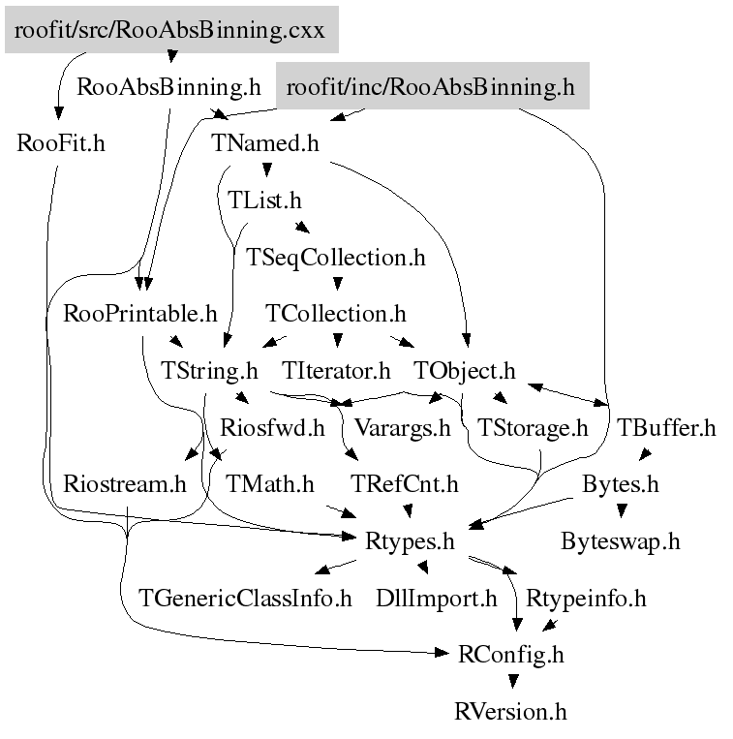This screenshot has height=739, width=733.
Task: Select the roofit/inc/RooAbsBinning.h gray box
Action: [432, 87]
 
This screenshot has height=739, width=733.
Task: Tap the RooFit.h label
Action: [61, 143]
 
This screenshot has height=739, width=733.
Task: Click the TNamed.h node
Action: [265, 143]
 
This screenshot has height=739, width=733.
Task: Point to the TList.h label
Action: [264, 200]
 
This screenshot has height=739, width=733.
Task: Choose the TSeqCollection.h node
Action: [336, 258]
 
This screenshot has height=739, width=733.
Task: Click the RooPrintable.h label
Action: [139, 314]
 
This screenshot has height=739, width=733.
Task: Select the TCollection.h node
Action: [335, 314]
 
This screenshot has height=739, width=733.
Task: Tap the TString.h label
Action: [209, 371]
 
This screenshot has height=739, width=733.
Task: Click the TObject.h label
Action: [465, 371]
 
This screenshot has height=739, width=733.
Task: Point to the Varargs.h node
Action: [402, 427]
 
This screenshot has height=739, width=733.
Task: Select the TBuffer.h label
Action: [666, 427]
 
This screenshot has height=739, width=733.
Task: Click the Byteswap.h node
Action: [620, 541]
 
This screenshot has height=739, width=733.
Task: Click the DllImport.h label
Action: [436, 598]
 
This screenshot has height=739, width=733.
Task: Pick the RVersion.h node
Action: [510, 712]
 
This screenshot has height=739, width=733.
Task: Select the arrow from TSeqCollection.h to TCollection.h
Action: [336, 285]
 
